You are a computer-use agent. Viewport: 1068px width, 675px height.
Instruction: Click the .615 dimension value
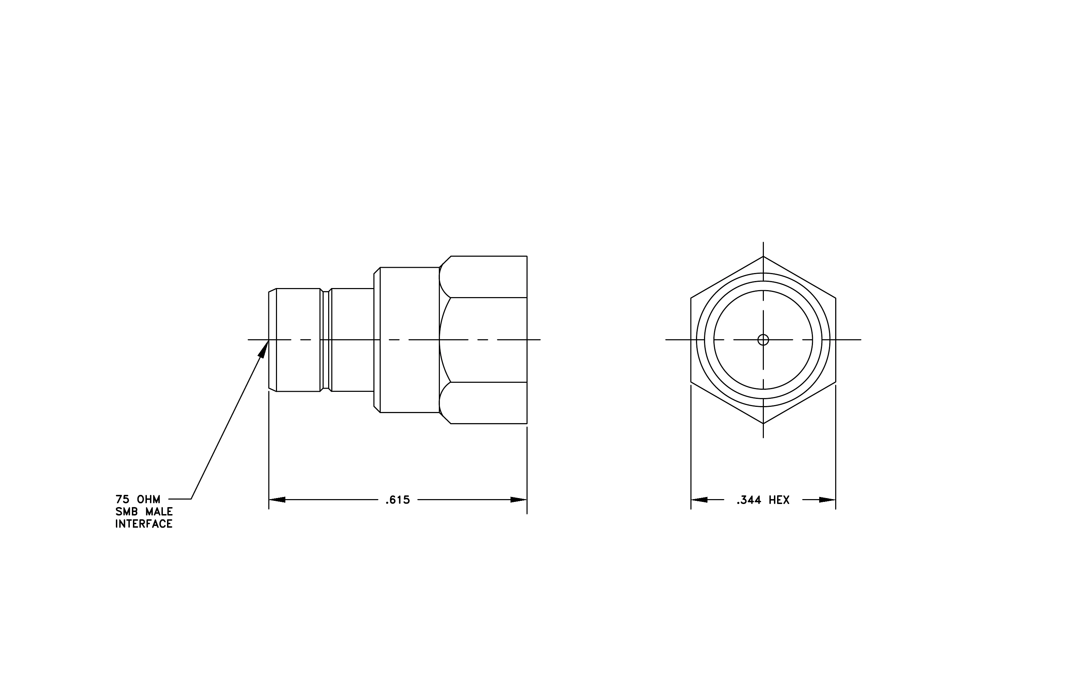(x=397, y=500)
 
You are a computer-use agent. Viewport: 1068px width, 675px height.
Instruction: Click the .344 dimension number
(x=749, y=500)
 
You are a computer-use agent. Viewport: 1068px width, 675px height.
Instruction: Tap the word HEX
(x=779, y=500)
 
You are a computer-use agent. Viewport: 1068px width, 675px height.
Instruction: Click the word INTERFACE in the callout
(x=144, y=524)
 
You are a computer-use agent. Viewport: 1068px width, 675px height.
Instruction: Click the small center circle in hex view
(x=763, y=340)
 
